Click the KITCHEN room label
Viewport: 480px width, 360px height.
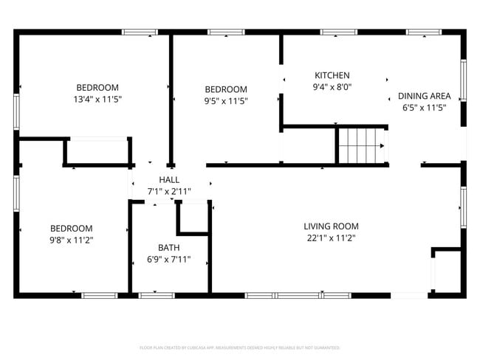point(332,75)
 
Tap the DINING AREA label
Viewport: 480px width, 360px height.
point(424,96)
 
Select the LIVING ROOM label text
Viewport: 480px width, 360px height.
point(331,226)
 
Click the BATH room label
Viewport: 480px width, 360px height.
point(168,247)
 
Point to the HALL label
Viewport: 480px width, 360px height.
point(169,179)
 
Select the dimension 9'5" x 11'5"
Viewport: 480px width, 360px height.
point(225,101)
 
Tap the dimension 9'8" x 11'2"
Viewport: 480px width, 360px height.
point(71,240)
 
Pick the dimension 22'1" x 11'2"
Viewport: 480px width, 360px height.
point(331,238)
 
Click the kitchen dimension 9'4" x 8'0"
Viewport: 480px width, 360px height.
point(332,86)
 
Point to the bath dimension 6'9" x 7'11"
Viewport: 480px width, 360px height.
point(168,259)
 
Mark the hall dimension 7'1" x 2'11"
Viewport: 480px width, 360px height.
point(169,191)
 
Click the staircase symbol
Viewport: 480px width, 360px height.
point(362,145)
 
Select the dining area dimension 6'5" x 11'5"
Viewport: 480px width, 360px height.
point(424,108)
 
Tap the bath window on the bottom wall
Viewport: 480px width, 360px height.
point(157,295)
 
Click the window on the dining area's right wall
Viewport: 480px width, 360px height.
point(463,80)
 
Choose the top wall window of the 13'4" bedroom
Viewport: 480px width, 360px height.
point(140,32)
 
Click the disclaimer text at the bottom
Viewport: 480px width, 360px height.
point(239,347)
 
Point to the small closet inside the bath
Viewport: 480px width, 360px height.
point(193,218)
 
